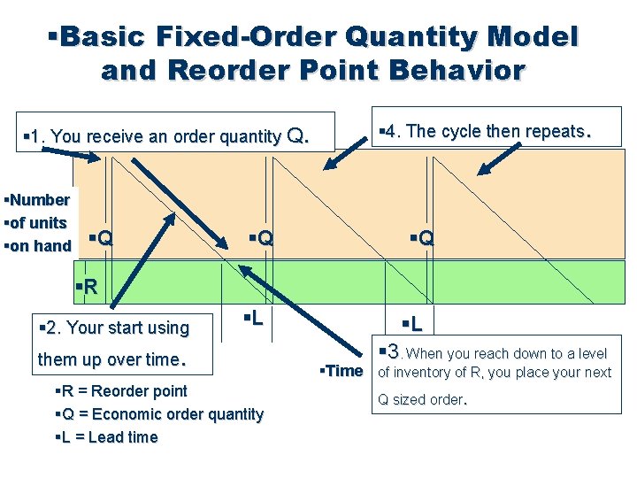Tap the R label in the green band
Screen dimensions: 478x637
[x=88, y=286]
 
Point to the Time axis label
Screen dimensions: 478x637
[x=343, y=371]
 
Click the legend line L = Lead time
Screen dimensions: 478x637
[x=107, y=437]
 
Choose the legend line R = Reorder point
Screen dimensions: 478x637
[x=122, y=391]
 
